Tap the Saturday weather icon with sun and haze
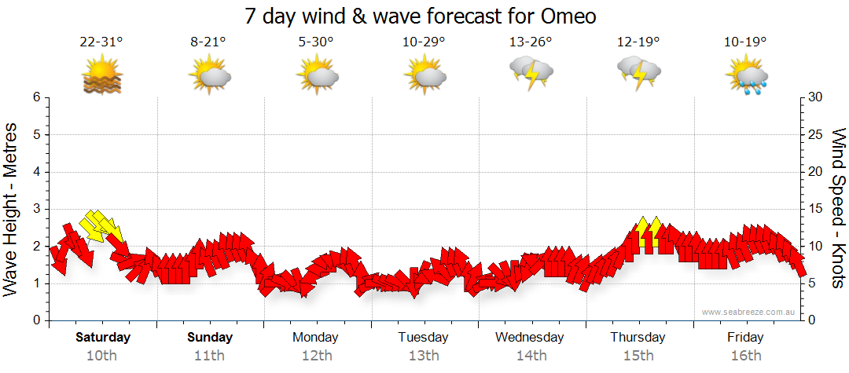(103, 75)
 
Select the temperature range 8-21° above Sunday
(208, 43)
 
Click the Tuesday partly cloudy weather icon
(424, 75)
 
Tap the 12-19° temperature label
(638, 43)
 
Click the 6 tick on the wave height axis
(35, 97)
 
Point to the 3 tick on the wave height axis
(35, 209)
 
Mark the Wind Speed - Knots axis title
(838, 209)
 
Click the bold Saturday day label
(103, 338)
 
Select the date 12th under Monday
(316, 355)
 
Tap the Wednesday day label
(530, 338)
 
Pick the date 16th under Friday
(745, 355)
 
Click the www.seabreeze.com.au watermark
(749, 312)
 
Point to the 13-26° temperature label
(531, 43)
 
